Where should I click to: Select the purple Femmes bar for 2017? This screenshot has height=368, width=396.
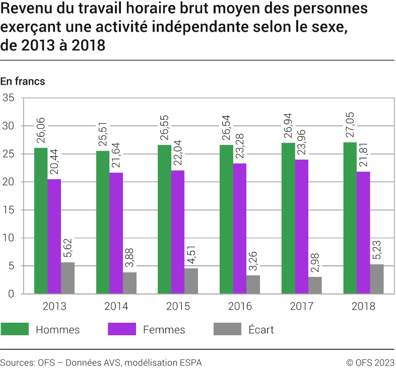pyautogui.click(x=302, y=227)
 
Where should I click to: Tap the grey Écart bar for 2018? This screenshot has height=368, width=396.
pyautogui.click(x=377, y=279)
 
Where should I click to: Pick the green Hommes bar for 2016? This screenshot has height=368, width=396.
pyautogui.click(x=226, y=219)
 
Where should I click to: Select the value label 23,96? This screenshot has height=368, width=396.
pyautogui.click(x=302, y=142)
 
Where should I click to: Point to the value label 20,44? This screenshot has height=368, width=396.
pyautogui.click(x=54, y=162)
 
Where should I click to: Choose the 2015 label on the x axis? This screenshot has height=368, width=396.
pyautogui.click(x=178, y=306)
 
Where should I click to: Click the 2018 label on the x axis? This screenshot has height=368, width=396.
pyautogui.click(x=363, y=306)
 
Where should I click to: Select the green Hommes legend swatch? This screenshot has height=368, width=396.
pyautogui.click(x=14, y=330)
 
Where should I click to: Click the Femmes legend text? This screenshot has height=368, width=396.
pyautogui.click(x=164, y=330)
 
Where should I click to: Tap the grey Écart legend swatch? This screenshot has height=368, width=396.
pyautogui.click(x=227, y=330)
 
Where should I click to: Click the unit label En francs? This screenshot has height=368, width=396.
pyautogui.click(x=23, y=81)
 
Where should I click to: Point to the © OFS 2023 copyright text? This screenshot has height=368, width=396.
pyautogui.click(x=370, y=362)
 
